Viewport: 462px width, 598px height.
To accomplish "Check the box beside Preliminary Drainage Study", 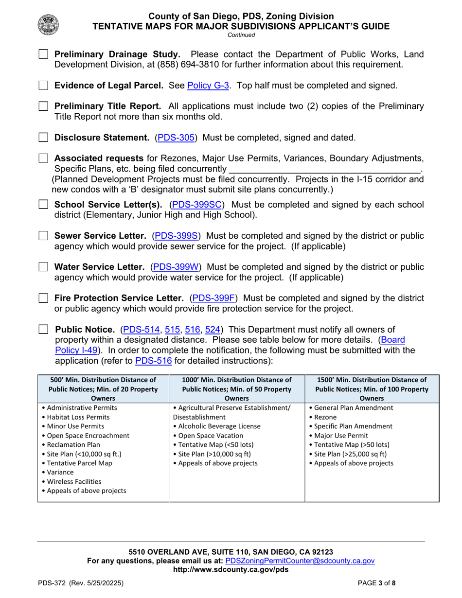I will point(44,54).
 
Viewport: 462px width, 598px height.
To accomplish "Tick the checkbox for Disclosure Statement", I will point(44,138).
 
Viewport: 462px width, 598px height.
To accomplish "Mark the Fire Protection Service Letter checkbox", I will point(44,298).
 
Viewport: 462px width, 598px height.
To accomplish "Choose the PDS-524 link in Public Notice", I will point(213,330).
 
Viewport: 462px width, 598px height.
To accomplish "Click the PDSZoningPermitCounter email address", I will point(300,561).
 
